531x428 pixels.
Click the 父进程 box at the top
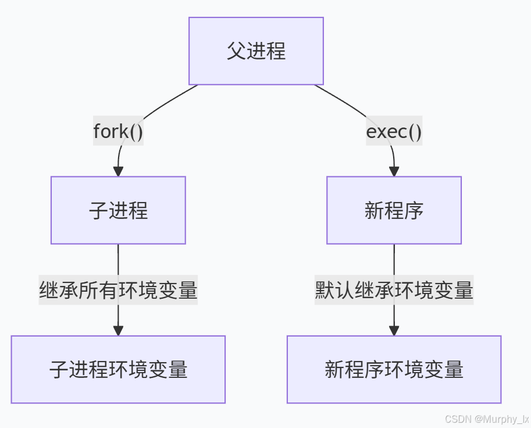(256, 51)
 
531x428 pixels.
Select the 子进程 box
(118, 210)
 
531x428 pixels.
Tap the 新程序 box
(394, 210)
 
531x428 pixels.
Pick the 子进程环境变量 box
(118, 369)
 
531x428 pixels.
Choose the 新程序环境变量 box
(394, 369)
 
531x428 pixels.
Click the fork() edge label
(118, 132)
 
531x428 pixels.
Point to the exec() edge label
(394, 132)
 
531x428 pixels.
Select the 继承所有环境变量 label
(118, 290)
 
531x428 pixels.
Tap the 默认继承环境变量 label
(394, 290)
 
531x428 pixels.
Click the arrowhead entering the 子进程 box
(118, 171)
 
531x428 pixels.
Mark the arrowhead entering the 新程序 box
(394, 171)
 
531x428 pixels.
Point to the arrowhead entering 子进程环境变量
(118, 330)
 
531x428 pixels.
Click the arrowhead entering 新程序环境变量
(394, 330)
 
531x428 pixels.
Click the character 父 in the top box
(236, 51)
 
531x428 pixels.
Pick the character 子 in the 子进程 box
(98, 210)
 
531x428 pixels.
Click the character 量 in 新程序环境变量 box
(454, 369)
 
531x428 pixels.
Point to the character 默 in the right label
(325, 290)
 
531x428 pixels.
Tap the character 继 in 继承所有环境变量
(49, 290)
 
